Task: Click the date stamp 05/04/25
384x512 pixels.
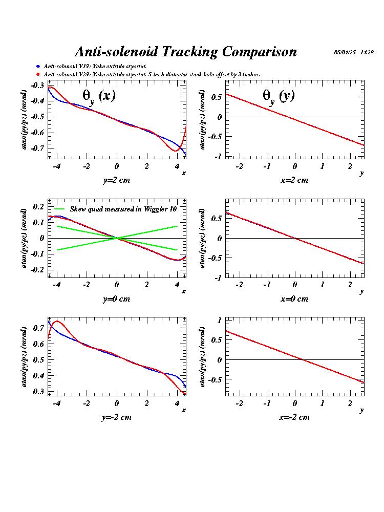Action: pos(345,52)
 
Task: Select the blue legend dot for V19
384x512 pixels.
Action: pos(38,66)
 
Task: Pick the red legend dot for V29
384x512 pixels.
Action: pos(38,74)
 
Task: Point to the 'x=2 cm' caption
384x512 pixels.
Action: pos(294,180)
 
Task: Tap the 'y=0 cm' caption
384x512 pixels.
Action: pos(116,299)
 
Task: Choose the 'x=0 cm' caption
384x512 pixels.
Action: pos(294,299)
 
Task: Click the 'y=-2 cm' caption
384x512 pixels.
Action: pos(116,417)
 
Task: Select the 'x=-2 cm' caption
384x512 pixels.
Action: pos(294,417)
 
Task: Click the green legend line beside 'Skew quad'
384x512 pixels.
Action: pos(59,209)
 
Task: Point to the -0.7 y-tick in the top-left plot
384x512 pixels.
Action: pos(37,148)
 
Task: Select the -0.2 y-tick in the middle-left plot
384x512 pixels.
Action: pos(37,269)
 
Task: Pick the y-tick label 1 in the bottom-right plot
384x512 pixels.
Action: pos(219,321)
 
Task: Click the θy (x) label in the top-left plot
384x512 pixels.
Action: pos(99,96)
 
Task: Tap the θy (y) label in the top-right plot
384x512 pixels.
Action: pos(279,96)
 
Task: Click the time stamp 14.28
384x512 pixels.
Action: pos(367,52)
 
